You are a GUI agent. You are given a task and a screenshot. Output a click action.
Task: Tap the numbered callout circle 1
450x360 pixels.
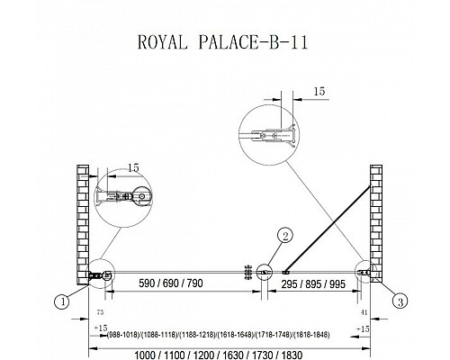point(61,302)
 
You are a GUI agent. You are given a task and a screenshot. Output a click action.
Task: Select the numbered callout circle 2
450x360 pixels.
point(283,237)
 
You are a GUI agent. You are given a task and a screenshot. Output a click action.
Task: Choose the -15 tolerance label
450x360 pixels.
point(360,329)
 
